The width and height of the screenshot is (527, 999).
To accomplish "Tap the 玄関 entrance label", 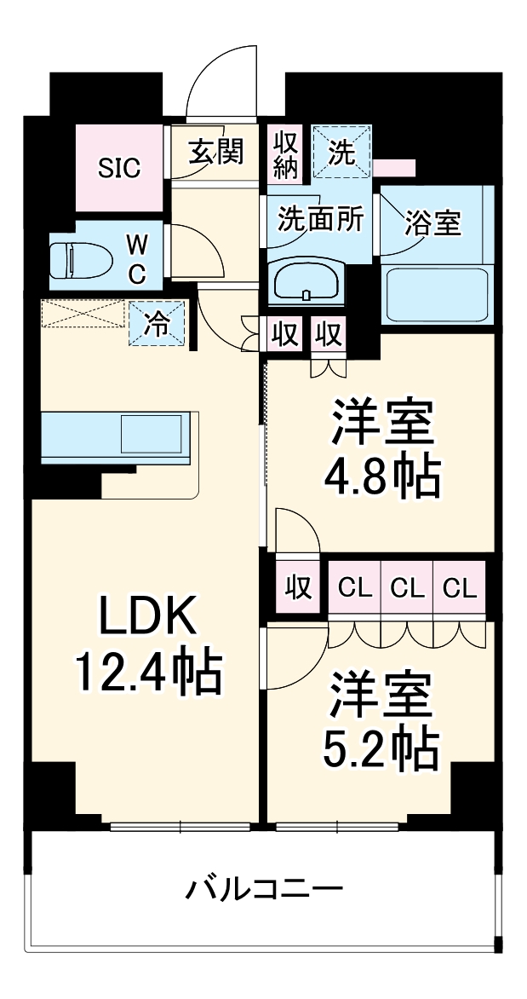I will (x=216, y=153).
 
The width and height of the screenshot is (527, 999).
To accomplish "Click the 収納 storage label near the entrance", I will (x=285, y=154).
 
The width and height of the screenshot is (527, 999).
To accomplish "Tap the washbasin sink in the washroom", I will (x=306, y=281).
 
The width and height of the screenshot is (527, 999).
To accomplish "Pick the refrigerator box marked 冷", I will (x=157, y=323).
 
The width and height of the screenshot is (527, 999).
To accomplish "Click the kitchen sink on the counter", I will (x=151, y=433).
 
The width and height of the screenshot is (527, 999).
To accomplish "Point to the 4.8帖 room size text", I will (x=381, y=479).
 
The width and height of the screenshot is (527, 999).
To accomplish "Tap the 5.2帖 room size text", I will (x=381, y=748).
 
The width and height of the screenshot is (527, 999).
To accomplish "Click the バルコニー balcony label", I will (x=265, y=891).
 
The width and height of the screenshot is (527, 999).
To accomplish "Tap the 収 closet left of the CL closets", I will (x=297, y=588).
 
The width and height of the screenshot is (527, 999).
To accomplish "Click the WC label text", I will (x=137, y=259).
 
